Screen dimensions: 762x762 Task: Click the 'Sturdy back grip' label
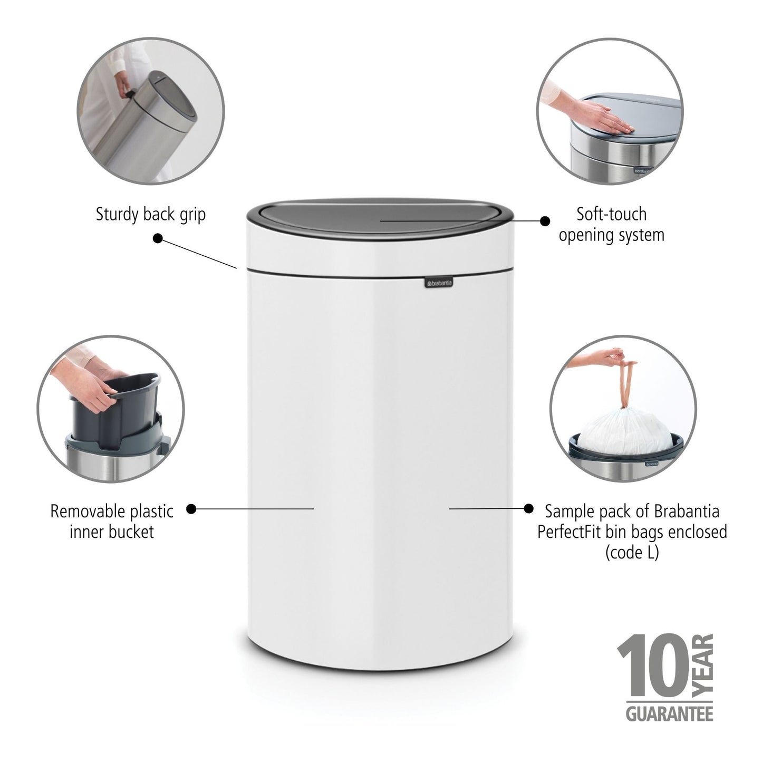tap(151, 215)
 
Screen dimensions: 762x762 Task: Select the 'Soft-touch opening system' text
tap(611, 224)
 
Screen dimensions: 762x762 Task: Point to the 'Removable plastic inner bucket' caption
tap(112, 521)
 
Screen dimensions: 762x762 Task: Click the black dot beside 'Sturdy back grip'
tap(158, 238)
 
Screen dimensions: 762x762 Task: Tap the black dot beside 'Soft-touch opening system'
tap(545, 221)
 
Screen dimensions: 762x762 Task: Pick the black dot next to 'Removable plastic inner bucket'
tap(192, 509)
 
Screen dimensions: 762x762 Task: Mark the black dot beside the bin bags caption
tap(529, 508)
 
